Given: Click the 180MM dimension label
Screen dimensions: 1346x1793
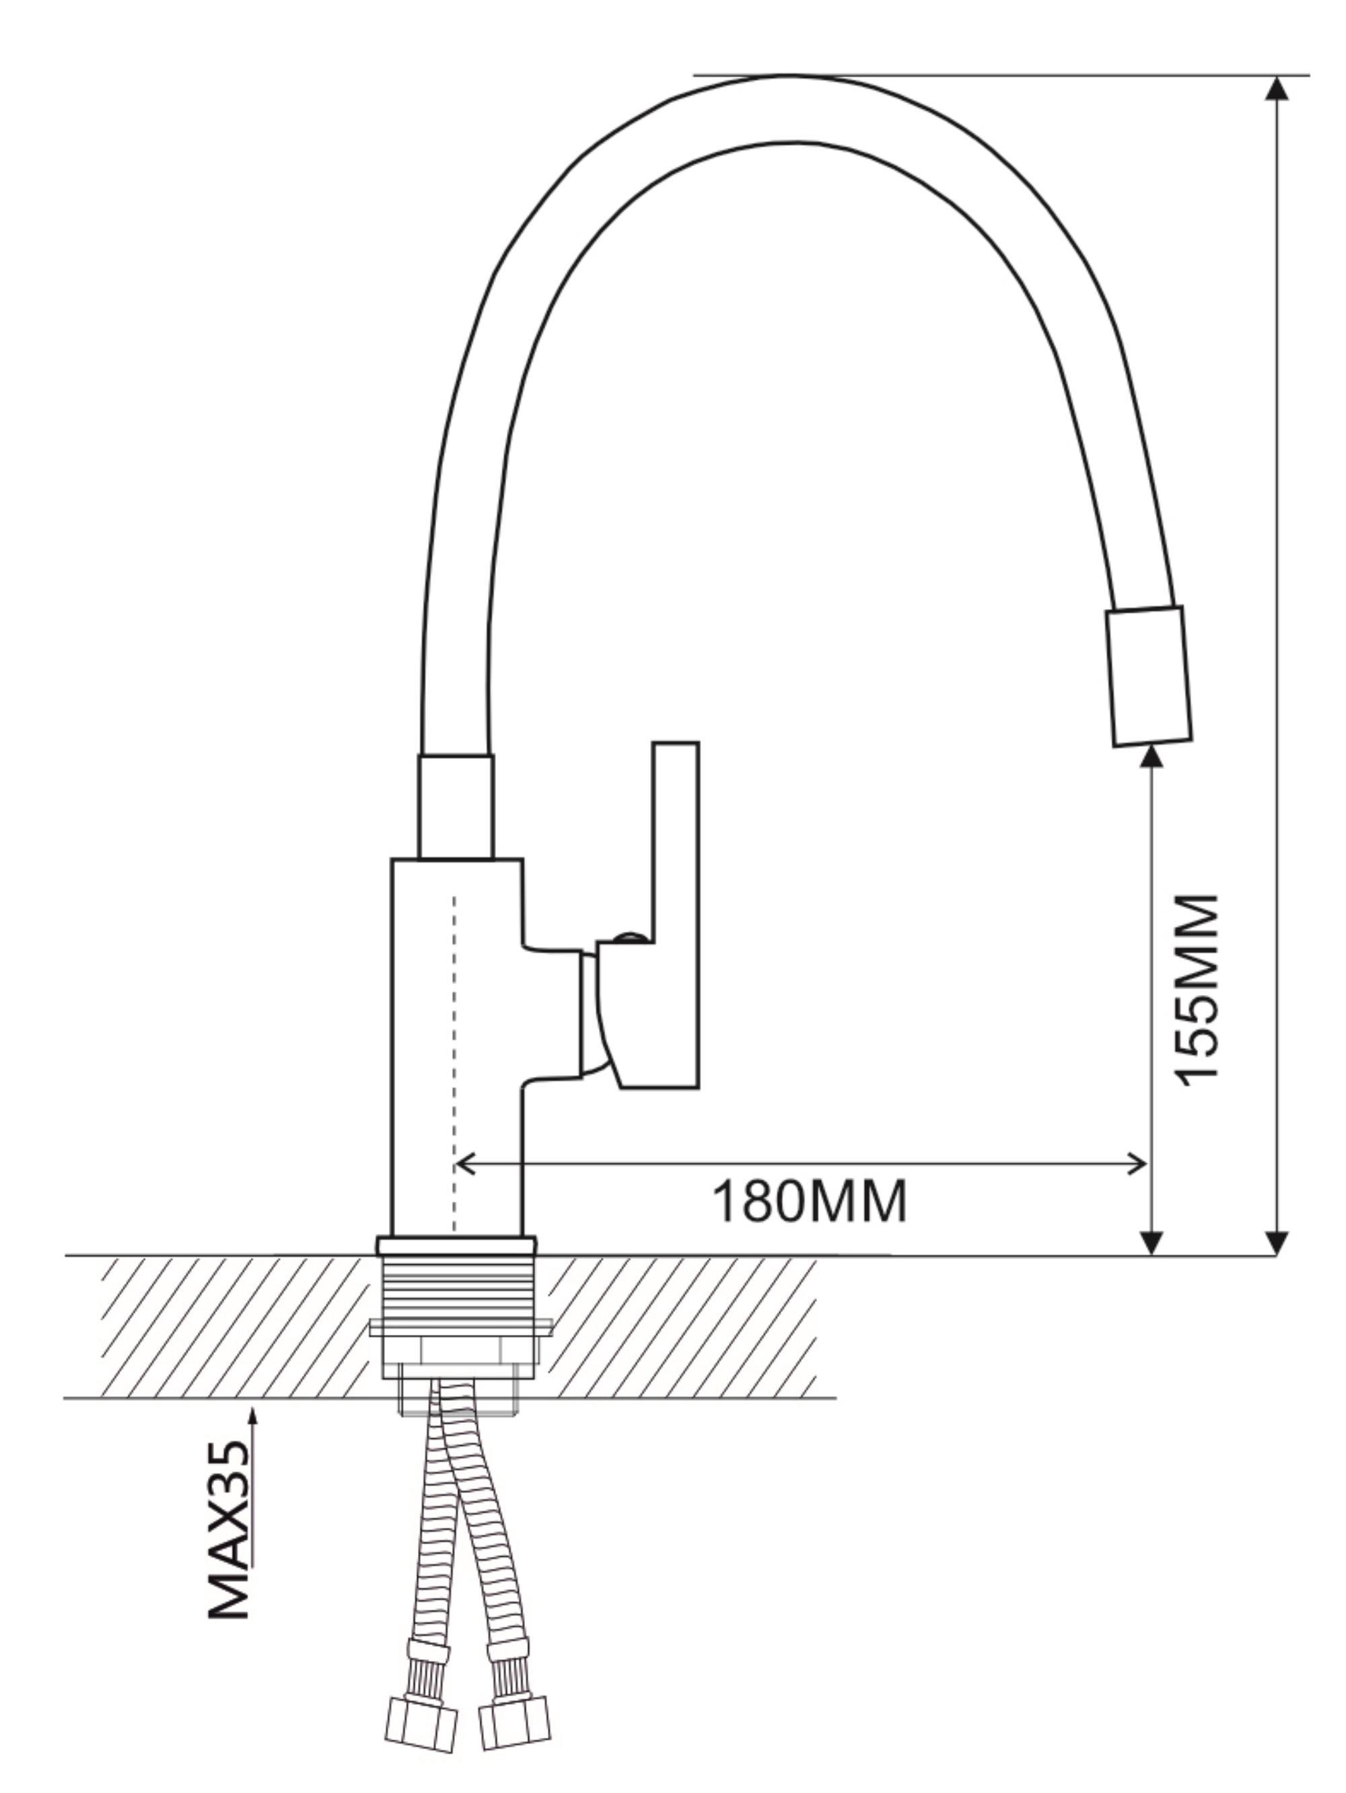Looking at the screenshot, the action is pyautogui.click(x=809, y=1202).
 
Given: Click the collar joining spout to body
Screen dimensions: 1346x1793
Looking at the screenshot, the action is pyautogui.click(x=455, y=807).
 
